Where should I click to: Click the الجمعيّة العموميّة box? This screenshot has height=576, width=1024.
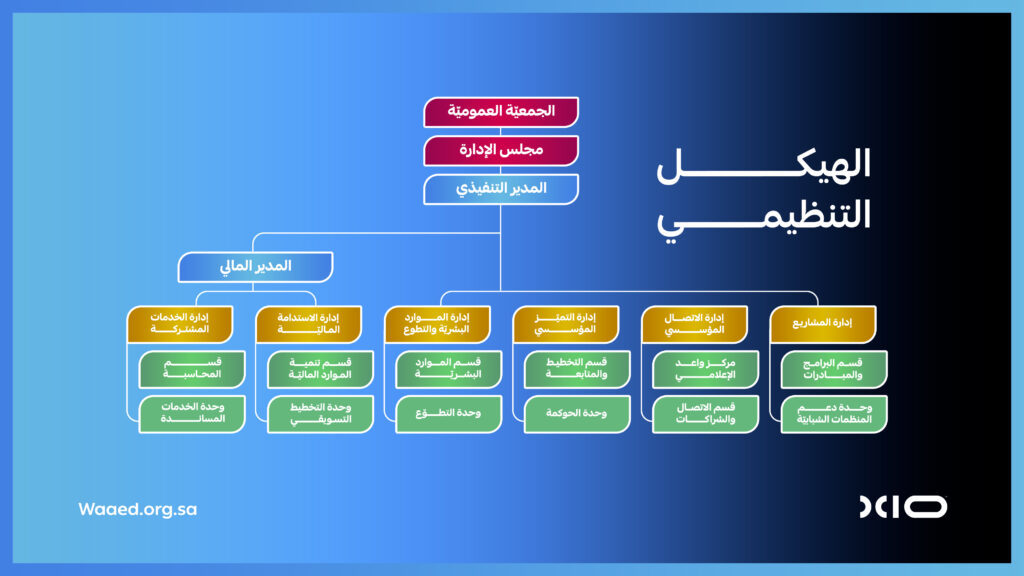(x=501, y=112)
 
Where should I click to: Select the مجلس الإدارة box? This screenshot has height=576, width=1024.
(x=501, y=150)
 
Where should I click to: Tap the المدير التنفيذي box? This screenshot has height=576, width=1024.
(x=501, y=189)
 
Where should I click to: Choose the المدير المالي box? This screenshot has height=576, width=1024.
(x=255, y=266)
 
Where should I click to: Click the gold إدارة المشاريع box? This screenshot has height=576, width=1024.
(x=823, y=324)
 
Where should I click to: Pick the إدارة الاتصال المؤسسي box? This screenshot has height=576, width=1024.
(x=694, y=324)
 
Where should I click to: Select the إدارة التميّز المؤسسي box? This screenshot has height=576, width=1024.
(x=566, y=324)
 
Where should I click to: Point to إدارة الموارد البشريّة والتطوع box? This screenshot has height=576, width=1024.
(x=437, y=324)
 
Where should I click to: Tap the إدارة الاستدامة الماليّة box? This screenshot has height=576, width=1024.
(x=308, y=324)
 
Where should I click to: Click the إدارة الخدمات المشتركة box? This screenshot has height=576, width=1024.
(x=180, y=324)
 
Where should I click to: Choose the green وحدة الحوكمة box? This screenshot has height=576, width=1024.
(x=577, y=413)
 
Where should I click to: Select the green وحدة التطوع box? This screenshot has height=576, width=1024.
(x=448, y=413)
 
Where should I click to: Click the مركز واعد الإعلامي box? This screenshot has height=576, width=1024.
(x=705, y=369)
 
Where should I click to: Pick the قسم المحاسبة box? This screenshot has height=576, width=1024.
(x=192, y=369)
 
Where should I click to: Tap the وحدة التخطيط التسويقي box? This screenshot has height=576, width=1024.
(x=320, y=413)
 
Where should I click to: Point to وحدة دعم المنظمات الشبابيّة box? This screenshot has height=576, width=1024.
(x=834, y=413)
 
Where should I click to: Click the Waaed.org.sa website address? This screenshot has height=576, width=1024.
(x=137, y=509)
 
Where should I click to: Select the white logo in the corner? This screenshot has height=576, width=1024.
(x=903, y=507)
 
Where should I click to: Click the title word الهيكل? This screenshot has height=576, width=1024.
(x=763, y=165)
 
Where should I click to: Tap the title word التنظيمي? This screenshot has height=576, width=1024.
(x=763, y=218)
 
